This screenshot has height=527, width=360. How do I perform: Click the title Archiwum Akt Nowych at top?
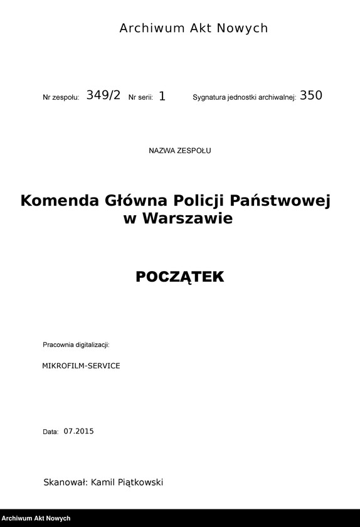tap(193, 28)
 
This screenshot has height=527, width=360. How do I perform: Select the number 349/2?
tap(103, 95)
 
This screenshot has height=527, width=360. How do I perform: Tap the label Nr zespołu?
tap(61, 98)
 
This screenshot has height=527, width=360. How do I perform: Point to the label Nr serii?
tap(140, 98)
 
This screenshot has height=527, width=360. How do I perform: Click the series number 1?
tap(162, 96)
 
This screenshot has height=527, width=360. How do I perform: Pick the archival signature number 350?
tap(310, 95)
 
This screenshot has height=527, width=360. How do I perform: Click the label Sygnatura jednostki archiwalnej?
tap(244, 98)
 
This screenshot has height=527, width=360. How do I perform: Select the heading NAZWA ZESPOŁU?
tap(180, 151)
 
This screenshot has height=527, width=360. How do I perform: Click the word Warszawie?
tap(188, 218)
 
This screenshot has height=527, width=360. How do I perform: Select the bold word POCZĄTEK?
tap(179, 277)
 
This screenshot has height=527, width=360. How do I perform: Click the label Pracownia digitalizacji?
tap(76, 345)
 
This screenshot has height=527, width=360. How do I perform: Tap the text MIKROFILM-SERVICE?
tap(81, 365)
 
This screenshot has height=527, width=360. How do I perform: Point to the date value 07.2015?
tap(78, 431)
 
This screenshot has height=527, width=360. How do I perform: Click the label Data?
tap(50, 432)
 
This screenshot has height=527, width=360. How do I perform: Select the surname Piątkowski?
tap(136, 482)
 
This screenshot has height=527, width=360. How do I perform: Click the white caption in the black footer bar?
tap(36, 519)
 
